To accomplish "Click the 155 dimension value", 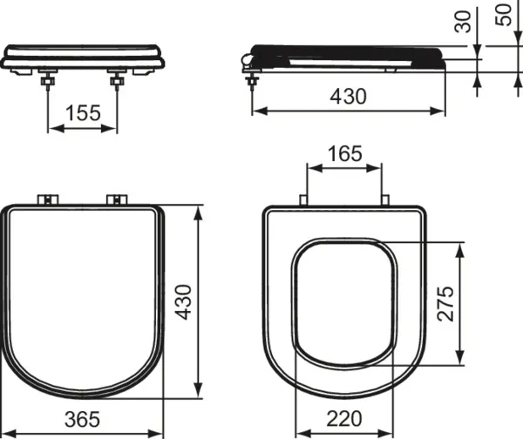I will [82, 113].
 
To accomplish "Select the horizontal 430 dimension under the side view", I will [348, 97].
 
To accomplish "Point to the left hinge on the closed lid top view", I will [48, 200].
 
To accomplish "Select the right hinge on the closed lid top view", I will [116, 200].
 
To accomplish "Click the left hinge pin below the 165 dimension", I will [302, 201].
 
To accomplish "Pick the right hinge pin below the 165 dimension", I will [384, 201].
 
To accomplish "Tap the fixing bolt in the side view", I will [254, 79].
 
